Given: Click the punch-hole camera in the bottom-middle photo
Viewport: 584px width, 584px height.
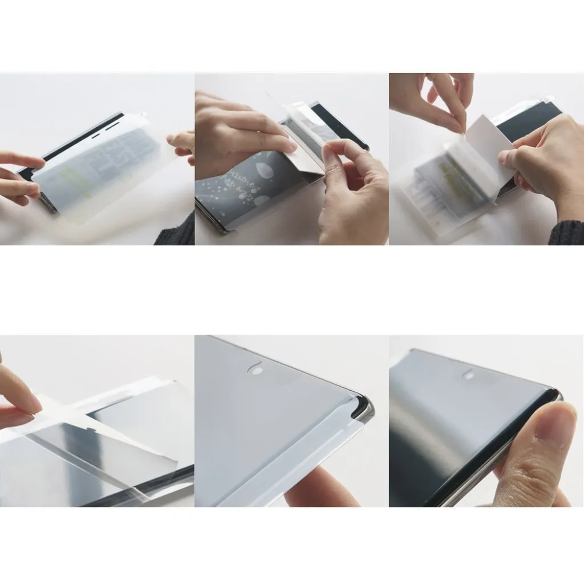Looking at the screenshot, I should point(256,370).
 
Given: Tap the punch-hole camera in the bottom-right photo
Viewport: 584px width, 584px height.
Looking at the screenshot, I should point(468,376).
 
